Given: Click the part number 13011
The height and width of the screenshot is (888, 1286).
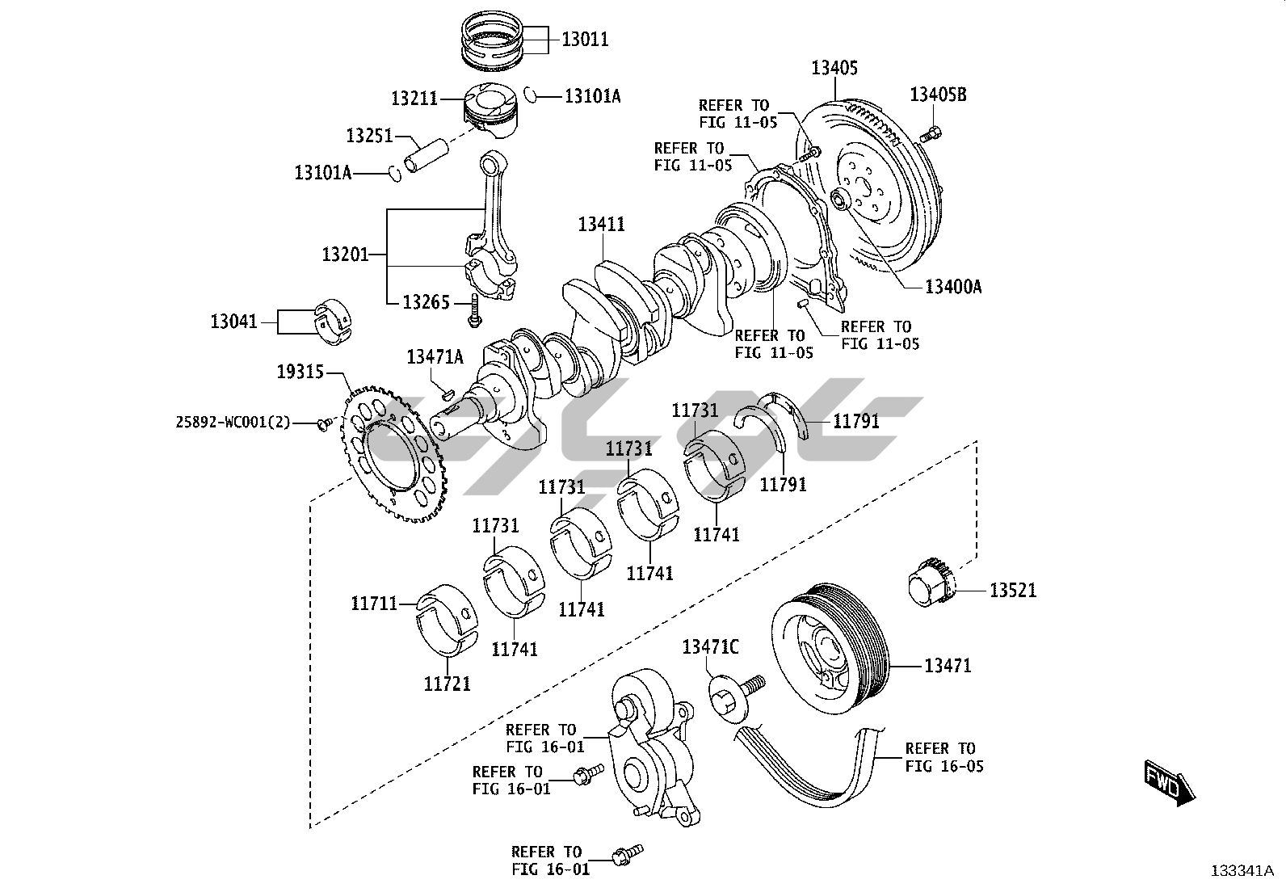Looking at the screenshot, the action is pos(585,39).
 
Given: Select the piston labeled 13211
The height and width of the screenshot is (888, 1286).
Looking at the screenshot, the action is pos(491,112).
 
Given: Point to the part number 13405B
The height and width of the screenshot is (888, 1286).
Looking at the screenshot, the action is pos(938,95).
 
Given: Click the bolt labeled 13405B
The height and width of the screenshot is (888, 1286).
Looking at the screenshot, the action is pos(931,135).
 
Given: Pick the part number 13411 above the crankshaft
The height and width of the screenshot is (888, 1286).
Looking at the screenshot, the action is pos(601,224).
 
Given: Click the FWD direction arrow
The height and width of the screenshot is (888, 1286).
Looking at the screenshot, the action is pos(1169,782).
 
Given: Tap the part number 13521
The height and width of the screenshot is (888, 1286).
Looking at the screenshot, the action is pos(1013,590).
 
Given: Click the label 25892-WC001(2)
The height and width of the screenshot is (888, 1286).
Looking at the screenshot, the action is pos(233,422).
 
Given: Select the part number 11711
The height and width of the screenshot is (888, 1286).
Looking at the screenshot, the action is pos(374,603).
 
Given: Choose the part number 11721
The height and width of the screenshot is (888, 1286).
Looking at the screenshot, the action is pos(448,684).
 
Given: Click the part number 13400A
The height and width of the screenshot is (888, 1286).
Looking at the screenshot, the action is pos(953,286).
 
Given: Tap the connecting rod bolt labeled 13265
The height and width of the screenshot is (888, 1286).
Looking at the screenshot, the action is pos(474,311).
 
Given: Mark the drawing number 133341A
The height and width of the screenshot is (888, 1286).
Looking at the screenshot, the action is pos(1242,871).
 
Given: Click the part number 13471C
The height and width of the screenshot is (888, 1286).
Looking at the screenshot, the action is pos(711,646).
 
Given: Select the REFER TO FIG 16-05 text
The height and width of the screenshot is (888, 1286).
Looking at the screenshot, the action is pos(943,757).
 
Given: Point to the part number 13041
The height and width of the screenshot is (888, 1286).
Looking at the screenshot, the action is pos(233,321).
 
